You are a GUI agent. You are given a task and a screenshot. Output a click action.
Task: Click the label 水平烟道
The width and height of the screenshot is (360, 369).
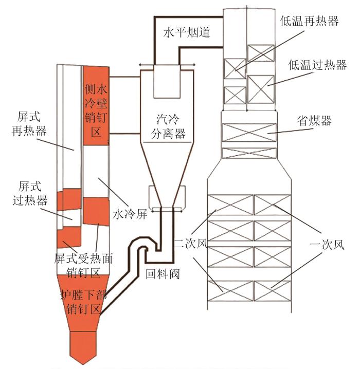[187, 32]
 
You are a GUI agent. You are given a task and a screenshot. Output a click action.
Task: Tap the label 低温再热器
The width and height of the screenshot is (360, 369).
[309, 21]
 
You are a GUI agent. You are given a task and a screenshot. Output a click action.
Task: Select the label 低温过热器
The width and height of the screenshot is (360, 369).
[318, 65]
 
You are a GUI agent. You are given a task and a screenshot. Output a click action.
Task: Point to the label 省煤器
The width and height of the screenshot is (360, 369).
[314, 121]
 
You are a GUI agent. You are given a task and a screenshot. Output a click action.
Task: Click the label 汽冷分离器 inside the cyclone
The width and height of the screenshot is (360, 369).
[168, 126]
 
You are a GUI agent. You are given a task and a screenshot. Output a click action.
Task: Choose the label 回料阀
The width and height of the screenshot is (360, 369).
[163, 274]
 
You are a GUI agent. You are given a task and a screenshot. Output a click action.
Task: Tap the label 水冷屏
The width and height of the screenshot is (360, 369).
[130, 214]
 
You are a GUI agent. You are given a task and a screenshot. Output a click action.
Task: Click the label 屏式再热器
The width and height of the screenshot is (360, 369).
[29, 123]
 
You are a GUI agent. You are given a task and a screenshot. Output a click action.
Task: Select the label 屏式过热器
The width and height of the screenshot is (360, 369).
[30, 193]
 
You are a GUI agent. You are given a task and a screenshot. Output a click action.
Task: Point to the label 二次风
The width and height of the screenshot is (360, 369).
[191, 244]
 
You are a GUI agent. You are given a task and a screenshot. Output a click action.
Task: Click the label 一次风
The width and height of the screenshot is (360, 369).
[327, 245]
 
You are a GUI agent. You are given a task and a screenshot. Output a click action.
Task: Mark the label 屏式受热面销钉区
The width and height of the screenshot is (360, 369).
[83, 265]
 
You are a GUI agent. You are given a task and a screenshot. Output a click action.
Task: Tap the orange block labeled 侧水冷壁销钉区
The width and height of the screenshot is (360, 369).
[96, 105]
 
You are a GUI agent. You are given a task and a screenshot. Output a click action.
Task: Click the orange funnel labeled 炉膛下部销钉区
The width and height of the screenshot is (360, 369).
[83, 303]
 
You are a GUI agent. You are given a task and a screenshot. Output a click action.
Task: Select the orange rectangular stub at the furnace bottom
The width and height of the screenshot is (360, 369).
[83, 347]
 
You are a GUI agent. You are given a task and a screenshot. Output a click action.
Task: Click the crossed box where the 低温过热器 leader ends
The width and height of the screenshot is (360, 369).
[261, 89]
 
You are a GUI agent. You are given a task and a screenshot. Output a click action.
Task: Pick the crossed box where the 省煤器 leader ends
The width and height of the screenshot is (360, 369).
[249, 133]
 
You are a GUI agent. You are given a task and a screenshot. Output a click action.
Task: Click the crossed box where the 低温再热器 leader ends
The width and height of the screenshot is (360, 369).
[235, 68]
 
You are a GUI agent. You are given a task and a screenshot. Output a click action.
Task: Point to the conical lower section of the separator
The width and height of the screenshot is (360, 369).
[167, 175]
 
